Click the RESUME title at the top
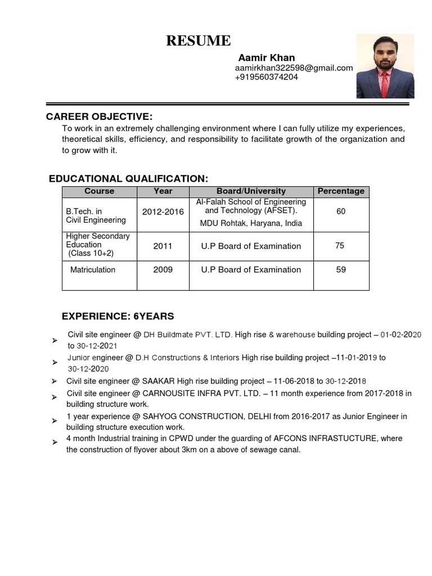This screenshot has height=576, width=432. tap(197, 41)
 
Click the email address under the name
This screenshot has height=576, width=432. tap(294, 68)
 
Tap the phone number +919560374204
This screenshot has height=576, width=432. tap(266, 78)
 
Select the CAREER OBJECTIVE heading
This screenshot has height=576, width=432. tap(99, 117)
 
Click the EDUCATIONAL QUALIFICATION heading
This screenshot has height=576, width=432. tap(128, 179)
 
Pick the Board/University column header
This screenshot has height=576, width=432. tap(251, 191)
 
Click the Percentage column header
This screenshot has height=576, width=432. tap(340, 191)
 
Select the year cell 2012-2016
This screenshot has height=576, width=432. tap(163, 212)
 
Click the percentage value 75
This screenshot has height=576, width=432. tap(340, 246)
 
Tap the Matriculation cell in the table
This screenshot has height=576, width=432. tap(93, 270)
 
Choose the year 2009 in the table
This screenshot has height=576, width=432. tap(163, 270)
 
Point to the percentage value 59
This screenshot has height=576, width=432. tap(341, 270)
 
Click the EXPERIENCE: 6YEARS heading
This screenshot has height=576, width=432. tap(118, 316)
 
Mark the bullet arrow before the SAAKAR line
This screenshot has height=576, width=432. tap(54, 382)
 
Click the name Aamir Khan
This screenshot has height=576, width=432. tap(266, 58)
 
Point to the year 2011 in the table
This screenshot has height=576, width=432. tap(163, 246)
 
